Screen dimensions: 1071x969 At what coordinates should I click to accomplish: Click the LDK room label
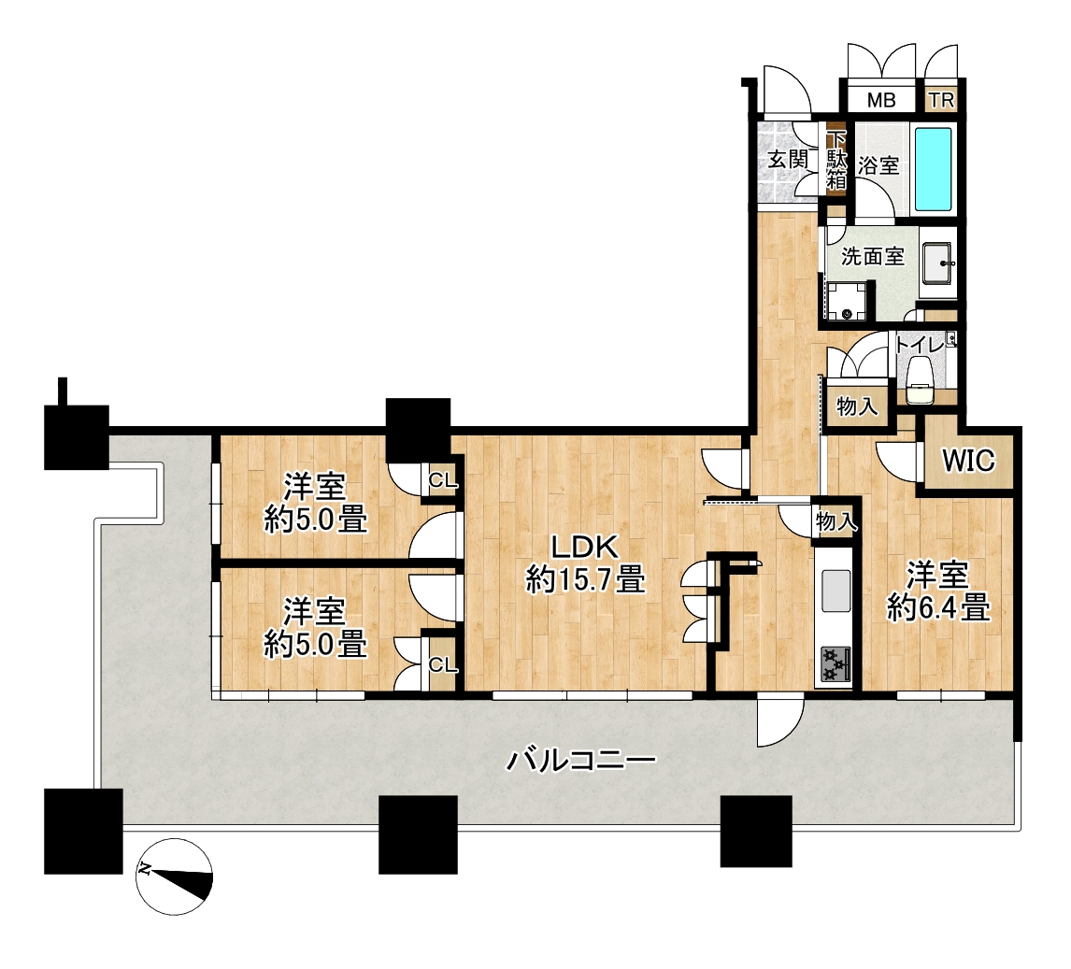pyautogui.click(x=585, y=547)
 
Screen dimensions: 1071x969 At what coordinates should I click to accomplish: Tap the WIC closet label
pyautogui.click(x=968, y=461)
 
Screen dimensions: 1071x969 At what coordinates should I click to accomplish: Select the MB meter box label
pyautogui.click(x=881, y=100)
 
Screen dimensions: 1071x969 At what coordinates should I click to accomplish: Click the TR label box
pyautogui.click(x=942, y=100)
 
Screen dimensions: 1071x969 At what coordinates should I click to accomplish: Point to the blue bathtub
pyautogui.click(x=933, y=169)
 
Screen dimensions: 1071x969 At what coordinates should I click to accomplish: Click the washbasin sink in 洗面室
pyautogui.click(x=940, y=263)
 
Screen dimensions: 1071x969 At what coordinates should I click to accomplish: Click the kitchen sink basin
pyautogui.click(x=836, y=591)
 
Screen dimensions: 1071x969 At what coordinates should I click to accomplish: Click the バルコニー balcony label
pyautogui.click(x=580, y=760)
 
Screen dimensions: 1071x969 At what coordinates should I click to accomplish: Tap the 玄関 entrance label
pyautogui.click(x=788, y=159)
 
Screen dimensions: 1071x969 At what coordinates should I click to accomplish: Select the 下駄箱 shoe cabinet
pyautogui.click(x=836, y=161)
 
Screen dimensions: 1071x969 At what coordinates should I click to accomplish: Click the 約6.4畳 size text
pyautogui.click(x=938, y=607)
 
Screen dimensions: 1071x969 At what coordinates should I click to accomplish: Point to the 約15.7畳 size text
pyautogui.click(x=585, y=580)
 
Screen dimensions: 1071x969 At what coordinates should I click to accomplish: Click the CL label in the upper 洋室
pyautogui.click(x=443, y=480)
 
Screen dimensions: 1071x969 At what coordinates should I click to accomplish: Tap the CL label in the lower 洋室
pyautogui.click(x=443, y=664)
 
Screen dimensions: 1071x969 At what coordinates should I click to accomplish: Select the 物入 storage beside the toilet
pyautogui.click(x=857, y=407)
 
